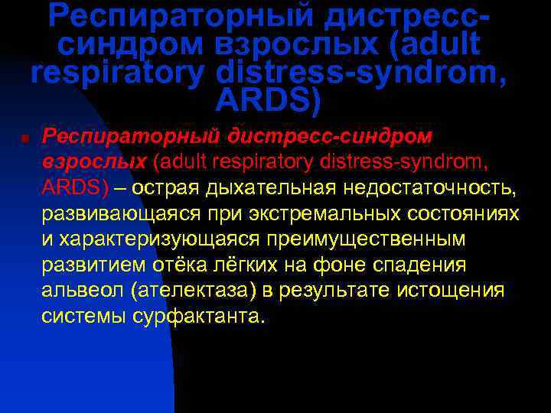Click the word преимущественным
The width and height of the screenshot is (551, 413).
(367, 239)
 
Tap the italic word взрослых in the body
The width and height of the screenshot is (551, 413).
(94, 161)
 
